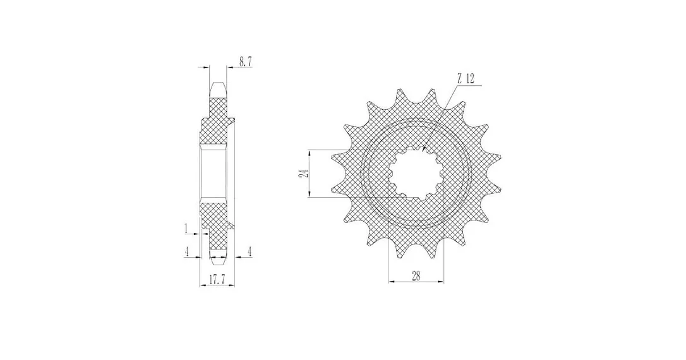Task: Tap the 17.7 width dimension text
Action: point(217,280)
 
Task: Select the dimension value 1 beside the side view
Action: point(186,228)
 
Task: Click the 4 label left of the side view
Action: point(187,251)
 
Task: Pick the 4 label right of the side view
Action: point(250,251)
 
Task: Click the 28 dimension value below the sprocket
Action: point(416,275)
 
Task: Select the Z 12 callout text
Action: point(466,79)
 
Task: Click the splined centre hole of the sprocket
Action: point(416,173)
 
